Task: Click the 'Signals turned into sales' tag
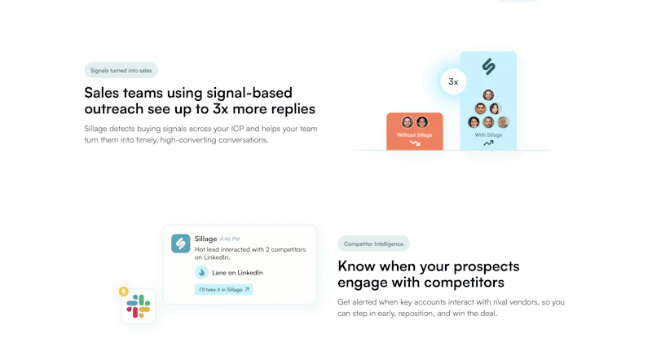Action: (121, 71)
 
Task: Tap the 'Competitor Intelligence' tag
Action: (373, 244)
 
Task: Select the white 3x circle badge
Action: (453, 81)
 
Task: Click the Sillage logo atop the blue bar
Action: (488, 66)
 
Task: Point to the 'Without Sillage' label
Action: (414, 134)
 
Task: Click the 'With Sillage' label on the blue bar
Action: (488, 134)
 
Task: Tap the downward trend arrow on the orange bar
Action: (415, 143)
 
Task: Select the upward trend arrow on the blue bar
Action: (488, 143)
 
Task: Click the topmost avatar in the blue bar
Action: (488, 95)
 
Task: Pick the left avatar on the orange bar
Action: (407, 122)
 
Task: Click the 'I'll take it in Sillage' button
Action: (224, 289)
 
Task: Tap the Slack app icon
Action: (139, 306)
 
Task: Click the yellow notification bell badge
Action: (124, 291)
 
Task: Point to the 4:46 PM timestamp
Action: (230, 239)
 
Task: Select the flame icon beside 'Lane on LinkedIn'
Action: (201, 272)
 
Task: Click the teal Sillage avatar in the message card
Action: (181, 244)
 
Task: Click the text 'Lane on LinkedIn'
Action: (237, 272)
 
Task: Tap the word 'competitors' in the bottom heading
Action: (465, 283)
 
